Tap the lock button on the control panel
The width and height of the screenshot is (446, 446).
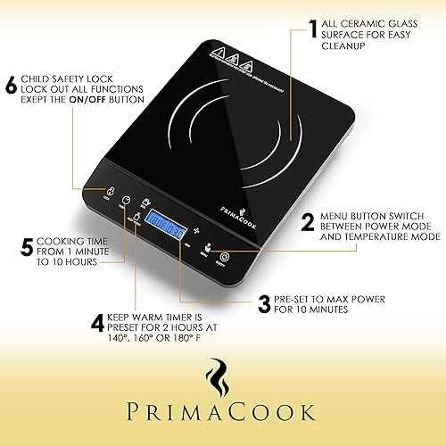tap(111, 192)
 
